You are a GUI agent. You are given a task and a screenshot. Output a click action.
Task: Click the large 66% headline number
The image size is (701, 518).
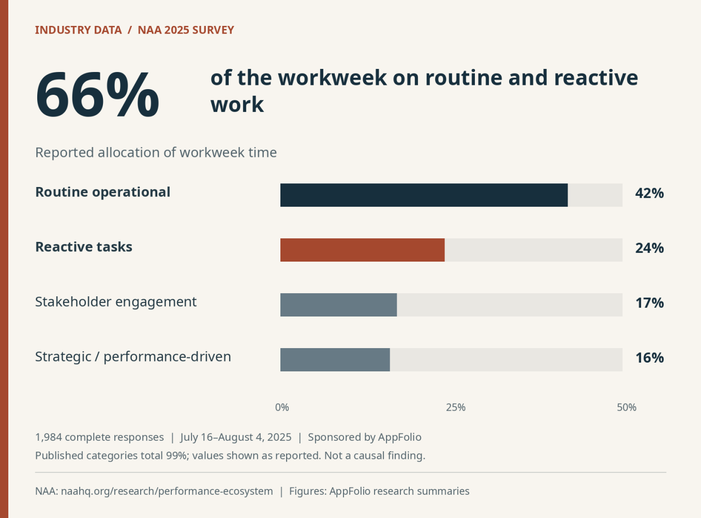[97, 94]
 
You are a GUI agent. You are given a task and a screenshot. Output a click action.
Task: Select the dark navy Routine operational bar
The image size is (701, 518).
[424, 195]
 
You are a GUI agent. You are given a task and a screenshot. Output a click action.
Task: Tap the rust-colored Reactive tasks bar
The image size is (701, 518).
[363, 250]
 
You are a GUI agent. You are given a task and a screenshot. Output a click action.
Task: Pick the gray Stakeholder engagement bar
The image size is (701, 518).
[338, 305]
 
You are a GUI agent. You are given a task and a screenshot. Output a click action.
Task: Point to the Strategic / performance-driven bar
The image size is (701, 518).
[335, 360]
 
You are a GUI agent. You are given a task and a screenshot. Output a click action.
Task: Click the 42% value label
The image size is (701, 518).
[649, 193]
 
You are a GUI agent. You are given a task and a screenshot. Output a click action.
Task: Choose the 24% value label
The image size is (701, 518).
[649, 248]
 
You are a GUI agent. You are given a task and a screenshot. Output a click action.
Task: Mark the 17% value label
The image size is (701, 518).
[649, 303]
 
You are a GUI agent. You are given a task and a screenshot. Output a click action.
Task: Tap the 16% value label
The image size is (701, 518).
[649, 358]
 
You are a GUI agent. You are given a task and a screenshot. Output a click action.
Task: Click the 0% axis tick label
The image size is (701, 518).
[282, 407]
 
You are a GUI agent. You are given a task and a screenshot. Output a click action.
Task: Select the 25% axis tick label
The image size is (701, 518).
[456, 407]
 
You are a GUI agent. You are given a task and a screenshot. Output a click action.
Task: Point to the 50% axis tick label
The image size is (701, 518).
[627, 407]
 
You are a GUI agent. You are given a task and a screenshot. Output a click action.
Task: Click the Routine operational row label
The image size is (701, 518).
[103, 192]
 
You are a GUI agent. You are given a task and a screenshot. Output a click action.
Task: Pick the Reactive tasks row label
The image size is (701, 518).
[84, 247]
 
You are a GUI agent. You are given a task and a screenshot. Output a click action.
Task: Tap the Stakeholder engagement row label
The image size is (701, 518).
[116, 302]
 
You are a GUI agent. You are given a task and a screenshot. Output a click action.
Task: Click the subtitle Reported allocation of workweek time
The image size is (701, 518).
[156, 152]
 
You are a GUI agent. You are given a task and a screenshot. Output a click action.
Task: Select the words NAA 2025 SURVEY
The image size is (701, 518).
[186, 30]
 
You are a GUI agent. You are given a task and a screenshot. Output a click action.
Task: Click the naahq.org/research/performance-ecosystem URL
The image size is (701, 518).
[167, 491]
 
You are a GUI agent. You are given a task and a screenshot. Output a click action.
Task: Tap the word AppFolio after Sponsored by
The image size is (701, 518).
[399, 437]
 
